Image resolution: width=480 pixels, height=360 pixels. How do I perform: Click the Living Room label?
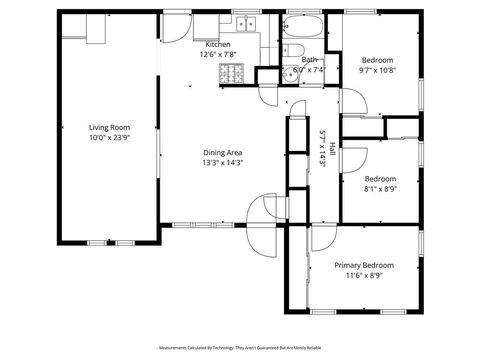(x=110, y=128)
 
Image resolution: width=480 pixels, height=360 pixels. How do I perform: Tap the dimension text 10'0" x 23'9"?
(x=110, y=138)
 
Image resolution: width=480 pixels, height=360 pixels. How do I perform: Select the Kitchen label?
(x=218, y=45)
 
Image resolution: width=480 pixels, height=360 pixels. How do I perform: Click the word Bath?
(x=309, y=60)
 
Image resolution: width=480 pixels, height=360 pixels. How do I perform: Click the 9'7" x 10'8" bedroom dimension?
(x=377, y=71)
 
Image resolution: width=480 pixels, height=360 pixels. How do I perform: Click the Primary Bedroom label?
(x=363, y=265)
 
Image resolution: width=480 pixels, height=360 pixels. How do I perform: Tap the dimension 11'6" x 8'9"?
(x=363, y=275)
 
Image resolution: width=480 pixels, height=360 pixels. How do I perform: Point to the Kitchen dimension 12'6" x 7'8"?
(x=218, y=55)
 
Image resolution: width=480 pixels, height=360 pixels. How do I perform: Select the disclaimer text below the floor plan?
(x=239, y=348)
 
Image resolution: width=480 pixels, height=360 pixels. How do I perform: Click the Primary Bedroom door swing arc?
(x=296, y=236)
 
